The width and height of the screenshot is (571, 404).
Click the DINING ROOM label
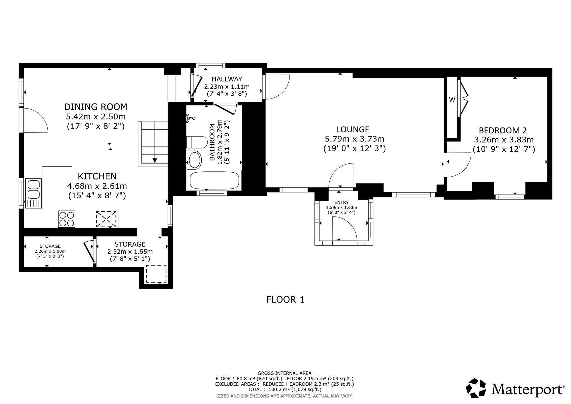pyautogui.click(x=96, y=107)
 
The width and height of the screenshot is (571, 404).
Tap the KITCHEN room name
pyautogui.click(x=97, y=176)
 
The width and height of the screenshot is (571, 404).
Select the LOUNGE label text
pyautogui.click(x=353, y=129)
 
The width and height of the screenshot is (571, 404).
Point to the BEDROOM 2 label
pyautogui.click(x=503, y=130)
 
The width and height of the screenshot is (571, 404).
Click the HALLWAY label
pyautogui.click(x=227, y=79)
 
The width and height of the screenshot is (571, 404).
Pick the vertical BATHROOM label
pyautogui.click(x=212, y=142)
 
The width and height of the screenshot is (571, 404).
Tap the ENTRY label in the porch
pyautogui.click(x=342, y=203)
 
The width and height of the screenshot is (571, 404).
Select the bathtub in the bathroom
pyautogui.click(x=214, y=180)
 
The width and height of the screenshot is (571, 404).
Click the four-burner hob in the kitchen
pyautogui.click(x=67, y=219)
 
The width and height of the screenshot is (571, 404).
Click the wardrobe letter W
pyautogui.click(x=452, y=100)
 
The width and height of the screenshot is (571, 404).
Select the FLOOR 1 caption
pyautogui.click(x=285, y=299)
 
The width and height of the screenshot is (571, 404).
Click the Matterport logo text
pyautogui.click(x=528, y=389)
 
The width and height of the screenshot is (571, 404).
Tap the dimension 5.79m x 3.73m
pyautogui.click(x=355, y=139)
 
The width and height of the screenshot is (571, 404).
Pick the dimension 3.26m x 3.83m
pyautogui.click(x=504, y=140)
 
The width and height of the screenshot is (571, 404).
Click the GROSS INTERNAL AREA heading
pyautogui.click(x=285, y=373)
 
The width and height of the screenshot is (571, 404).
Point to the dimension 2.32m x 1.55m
pyautogui.click(x=130, y=252)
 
